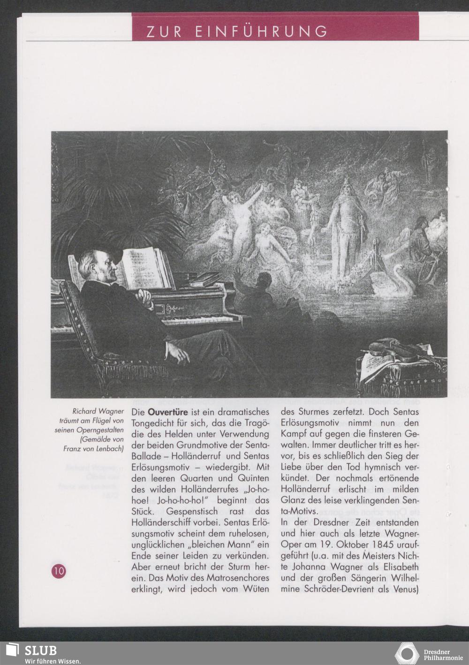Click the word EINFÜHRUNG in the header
click(261, 31)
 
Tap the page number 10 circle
click(59, 570)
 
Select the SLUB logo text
click(41, 650)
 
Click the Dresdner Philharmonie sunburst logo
click(407, 654)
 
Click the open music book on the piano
click(141, 267)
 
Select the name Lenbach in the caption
click(108, 448)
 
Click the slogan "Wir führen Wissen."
click(46, 661)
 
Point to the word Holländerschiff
click(164, 522)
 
